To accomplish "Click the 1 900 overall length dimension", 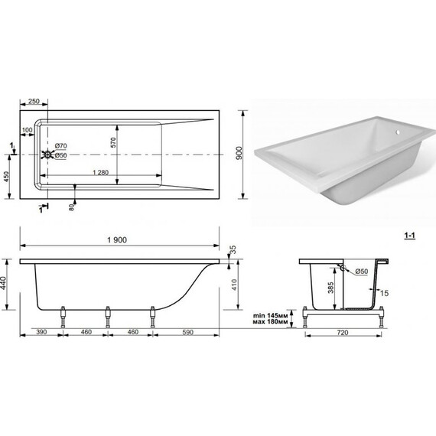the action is [x=117, y=239].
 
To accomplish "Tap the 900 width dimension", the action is [x=239, y=153].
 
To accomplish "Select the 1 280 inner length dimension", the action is [x=100, y=172].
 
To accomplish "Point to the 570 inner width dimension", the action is [x=113, y=142].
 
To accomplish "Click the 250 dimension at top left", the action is [x=34, y=101].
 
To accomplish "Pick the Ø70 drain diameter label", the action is [x=60, y=145].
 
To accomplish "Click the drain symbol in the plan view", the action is [x=47, y=155].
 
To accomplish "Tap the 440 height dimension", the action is [x=3, y=283].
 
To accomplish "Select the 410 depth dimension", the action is [x=234, y=285].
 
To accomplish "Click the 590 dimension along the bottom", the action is [x=187, y=332].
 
